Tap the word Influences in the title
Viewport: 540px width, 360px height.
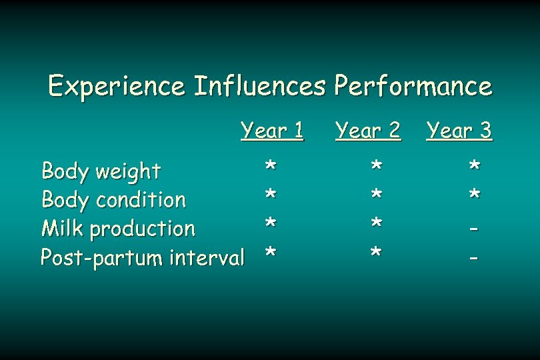259,87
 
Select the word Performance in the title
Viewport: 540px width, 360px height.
413,87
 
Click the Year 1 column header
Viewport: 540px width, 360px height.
272,131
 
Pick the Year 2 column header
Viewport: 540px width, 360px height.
368,131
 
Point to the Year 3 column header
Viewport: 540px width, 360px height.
459,131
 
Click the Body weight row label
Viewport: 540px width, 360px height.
101,172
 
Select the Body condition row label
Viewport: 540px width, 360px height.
113,200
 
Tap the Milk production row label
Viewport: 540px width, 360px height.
118,229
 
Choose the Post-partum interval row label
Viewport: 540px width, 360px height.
143,257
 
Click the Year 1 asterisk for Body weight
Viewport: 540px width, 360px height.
270,165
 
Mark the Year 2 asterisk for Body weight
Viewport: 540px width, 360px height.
377,165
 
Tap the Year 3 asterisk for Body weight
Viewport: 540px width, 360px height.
474,165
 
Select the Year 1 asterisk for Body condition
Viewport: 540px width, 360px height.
270,194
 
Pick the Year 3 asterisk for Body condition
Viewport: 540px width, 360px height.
474,194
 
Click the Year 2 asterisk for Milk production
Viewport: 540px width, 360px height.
377,223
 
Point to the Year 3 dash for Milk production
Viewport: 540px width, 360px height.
474,229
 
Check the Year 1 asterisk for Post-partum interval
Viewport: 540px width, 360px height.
270,252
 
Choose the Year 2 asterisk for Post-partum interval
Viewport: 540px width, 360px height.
377,252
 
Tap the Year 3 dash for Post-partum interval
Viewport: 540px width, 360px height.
474,257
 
